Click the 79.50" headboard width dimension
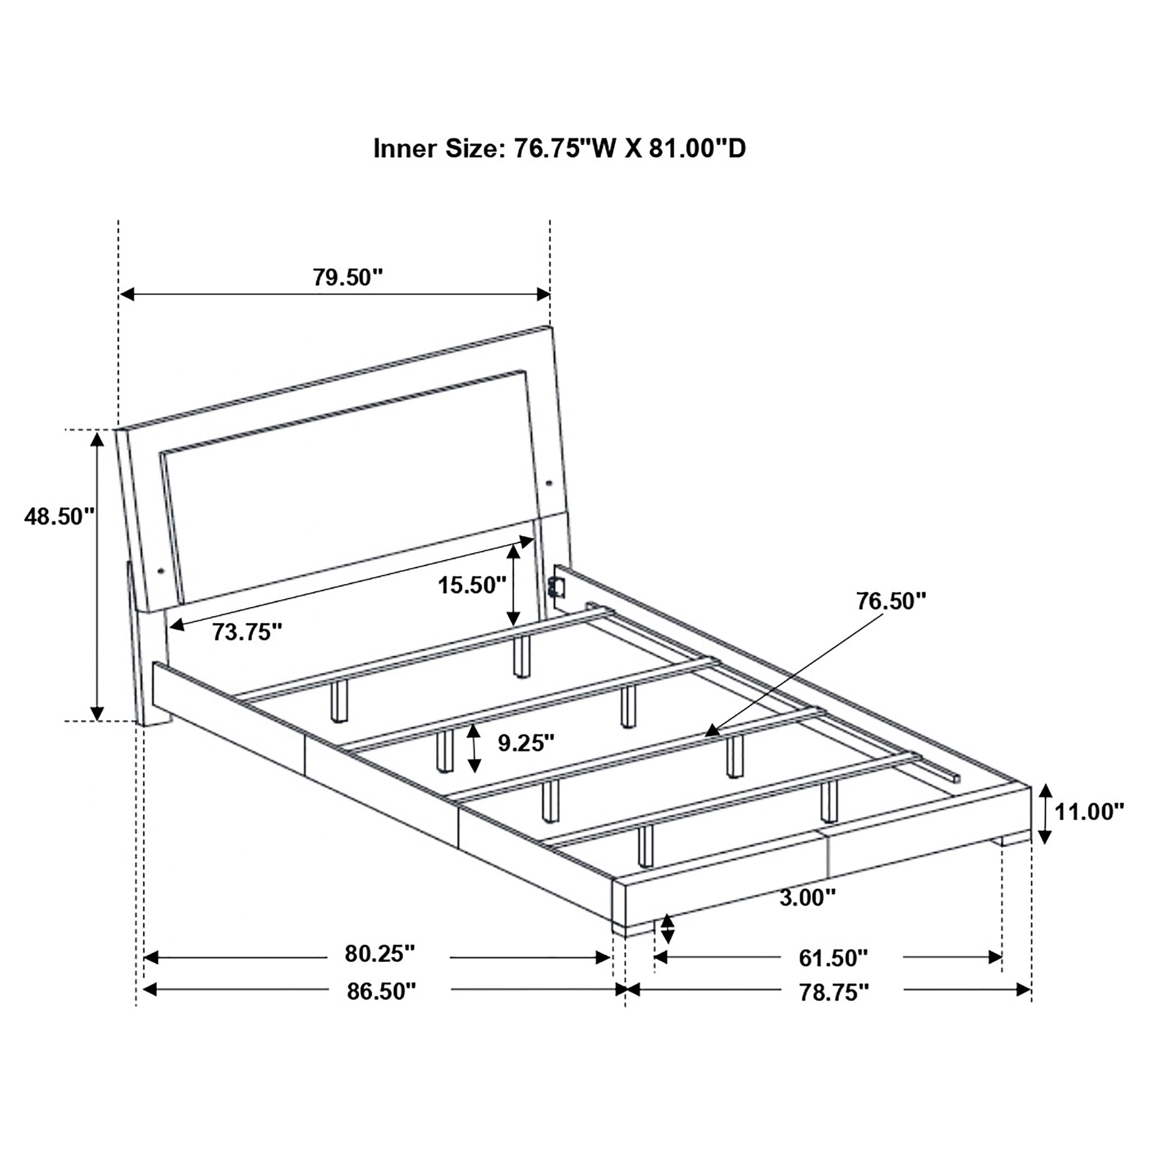348,277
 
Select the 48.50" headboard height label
59,516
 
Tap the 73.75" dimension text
247,632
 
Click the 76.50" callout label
891,601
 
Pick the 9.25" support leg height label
526,743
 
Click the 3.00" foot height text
808,898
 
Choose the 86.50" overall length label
381,991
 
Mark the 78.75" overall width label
834,992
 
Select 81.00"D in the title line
696,148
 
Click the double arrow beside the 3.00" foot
668,929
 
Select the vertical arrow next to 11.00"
1045,814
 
